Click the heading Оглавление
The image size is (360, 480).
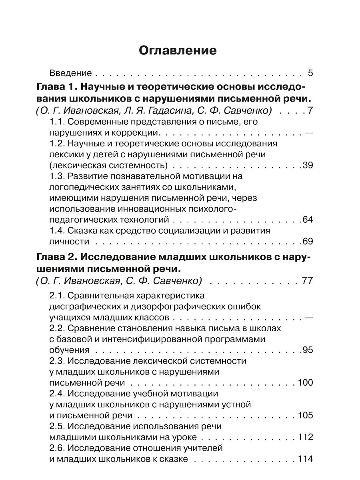coord(178,51)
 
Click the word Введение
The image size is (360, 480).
coord(71,73)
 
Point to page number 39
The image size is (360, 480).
coord(308,165)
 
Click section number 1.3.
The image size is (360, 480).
coord(56,176)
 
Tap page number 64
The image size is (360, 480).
coord(308,220)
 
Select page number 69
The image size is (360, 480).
coord(308,241)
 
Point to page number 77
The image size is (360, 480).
coord(307,280)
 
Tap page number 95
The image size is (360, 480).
coord(308,350)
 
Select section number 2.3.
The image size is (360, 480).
coord(56,361)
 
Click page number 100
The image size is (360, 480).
coord(305,382)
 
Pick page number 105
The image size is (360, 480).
coord(305,415)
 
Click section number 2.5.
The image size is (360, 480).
coord(56,426)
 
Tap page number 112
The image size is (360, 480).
coord(305,437)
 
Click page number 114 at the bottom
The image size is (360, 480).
coord(305,459)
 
